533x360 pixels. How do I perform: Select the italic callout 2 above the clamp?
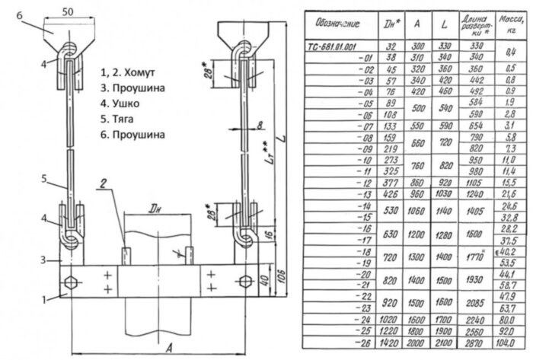tap(103, 184)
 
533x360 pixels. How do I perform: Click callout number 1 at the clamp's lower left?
tap(43, 299)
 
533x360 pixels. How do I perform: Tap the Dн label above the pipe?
tap(155, 208)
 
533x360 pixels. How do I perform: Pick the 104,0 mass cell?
tap(507, 343)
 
